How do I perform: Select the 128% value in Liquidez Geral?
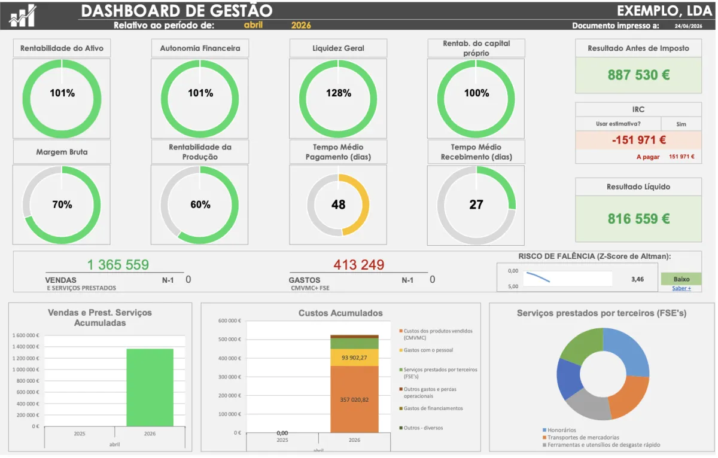(x=339, y=93)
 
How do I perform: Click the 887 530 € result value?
(x=638, y=75)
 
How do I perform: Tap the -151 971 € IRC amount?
(x=639, y=140)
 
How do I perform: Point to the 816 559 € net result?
(x=638, y=219)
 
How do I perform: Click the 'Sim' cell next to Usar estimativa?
(x=681, y=124)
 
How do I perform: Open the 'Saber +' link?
(x=682, y=288)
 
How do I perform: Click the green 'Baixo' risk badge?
(x=681, y=279)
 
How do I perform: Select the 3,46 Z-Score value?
(x=638, y=279)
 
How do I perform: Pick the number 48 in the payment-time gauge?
(x=338, y=204)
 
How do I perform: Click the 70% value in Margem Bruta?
(x=62, y=204)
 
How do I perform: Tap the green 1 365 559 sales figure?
(x=118, y=265)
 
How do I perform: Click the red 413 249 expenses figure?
(x=358, y=265)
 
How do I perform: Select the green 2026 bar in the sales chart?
(x=150, y=387)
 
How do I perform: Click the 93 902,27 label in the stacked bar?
(x=354, y=358)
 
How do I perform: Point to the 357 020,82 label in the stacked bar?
(x=354, y=400)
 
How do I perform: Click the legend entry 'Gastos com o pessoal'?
(x=426, y=350)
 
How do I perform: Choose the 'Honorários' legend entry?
(x=559, y=430)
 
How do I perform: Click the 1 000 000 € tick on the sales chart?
(x=26, y=370)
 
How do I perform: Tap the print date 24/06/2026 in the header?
(x=688, y=26)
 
